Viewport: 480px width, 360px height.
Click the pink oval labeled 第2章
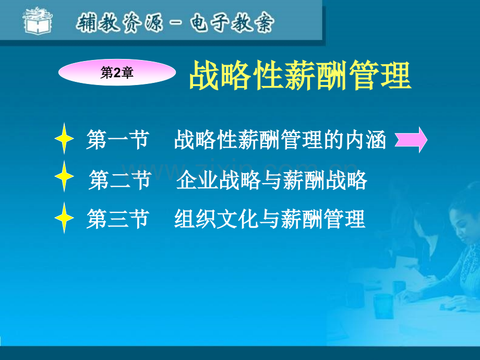click(x=116, y=74)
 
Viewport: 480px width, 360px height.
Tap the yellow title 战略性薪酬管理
click(x=299, y=76)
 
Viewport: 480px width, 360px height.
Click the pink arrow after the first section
click(x=411, y=140)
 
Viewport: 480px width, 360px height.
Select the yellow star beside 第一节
click(x=65, y=139)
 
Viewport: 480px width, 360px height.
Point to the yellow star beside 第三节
click(x=65, y=219)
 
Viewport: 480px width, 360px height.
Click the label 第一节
click(x=117, y=140)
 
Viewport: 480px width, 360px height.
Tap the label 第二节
click(x=120, y=181)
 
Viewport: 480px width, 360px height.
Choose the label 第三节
click(x=117, y=220)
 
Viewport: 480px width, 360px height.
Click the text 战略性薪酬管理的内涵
click(x=281, y=140)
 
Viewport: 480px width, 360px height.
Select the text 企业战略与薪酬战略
click(x=272, y=181)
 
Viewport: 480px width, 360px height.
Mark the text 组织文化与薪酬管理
click(x=270, y=220)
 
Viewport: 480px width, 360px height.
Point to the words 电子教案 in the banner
click(x=237, y=23)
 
